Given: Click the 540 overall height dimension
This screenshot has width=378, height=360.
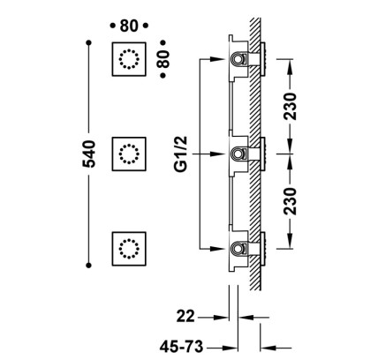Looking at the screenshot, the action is click(x=89, y=154).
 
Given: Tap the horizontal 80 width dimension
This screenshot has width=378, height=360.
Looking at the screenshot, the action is click(x=129, y=26).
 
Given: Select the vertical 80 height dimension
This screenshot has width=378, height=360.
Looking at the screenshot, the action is click(x=163, y=59).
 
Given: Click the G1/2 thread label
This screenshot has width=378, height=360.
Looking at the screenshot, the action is click(x=180, y=154).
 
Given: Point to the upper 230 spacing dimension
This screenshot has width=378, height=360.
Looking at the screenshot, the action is click(x=290, y=106).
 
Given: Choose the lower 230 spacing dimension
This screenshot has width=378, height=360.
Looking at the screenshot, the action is click(x=290, y=201).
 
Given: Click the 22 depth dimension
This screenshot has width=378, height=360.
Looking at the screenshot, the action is click(x=185, y=317).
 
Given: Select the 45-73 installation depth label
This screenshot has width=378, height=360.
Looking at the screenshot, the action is click(x=181, y=347).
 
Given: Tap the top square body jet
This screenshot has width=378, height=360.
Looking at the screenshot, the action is click(x=129, y=59).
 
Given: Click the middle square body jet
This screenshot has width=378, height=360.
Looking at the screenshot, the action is click(x=129, y=154).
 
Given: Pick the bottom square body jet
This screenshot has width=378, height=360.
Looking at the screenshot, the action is click(x=129, y=249).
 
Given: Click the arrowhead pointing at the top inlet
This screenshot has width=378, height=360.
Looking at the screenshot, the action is click(x=218, y=59).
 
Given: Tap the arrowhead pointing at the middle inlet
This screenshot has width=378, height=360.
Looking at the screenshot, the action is click(x=218, y=154).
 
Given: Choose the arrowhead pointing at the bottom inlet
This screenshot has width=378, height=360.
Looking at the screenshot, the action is click(x=218, y=249).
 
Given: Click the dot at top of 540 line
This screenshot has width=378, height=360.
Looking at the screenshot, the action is click(x=89, y=43).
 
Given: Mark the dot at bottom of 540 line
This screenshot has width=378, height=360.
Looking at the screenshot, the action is click(x=88, y=266).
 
